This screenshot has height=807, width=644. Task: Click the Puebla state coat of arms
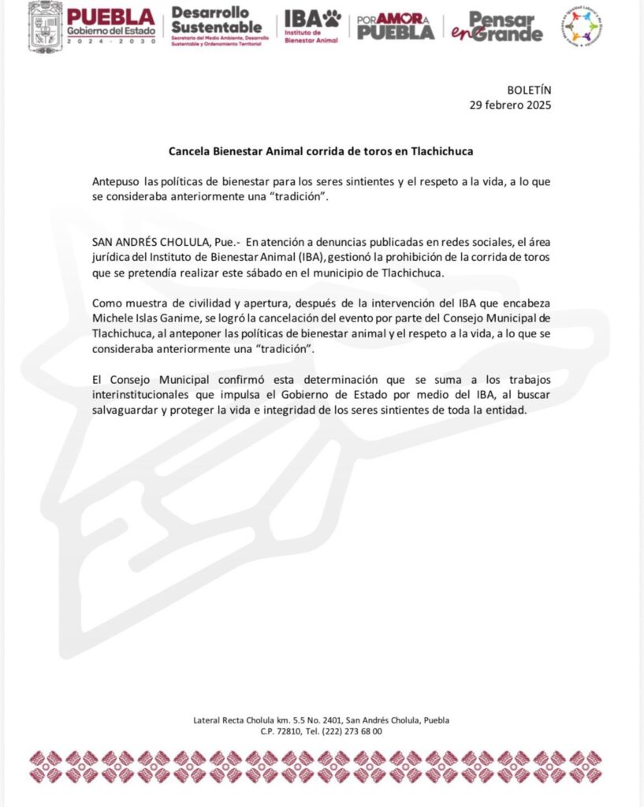[45, 26]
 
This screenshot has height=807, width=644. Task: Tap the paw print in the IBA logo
[331, 18]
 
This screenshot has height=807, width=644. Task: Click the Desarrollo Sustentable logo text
[216, 20]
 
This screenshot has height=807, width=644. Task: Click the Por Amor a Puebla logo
[395, 27]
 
